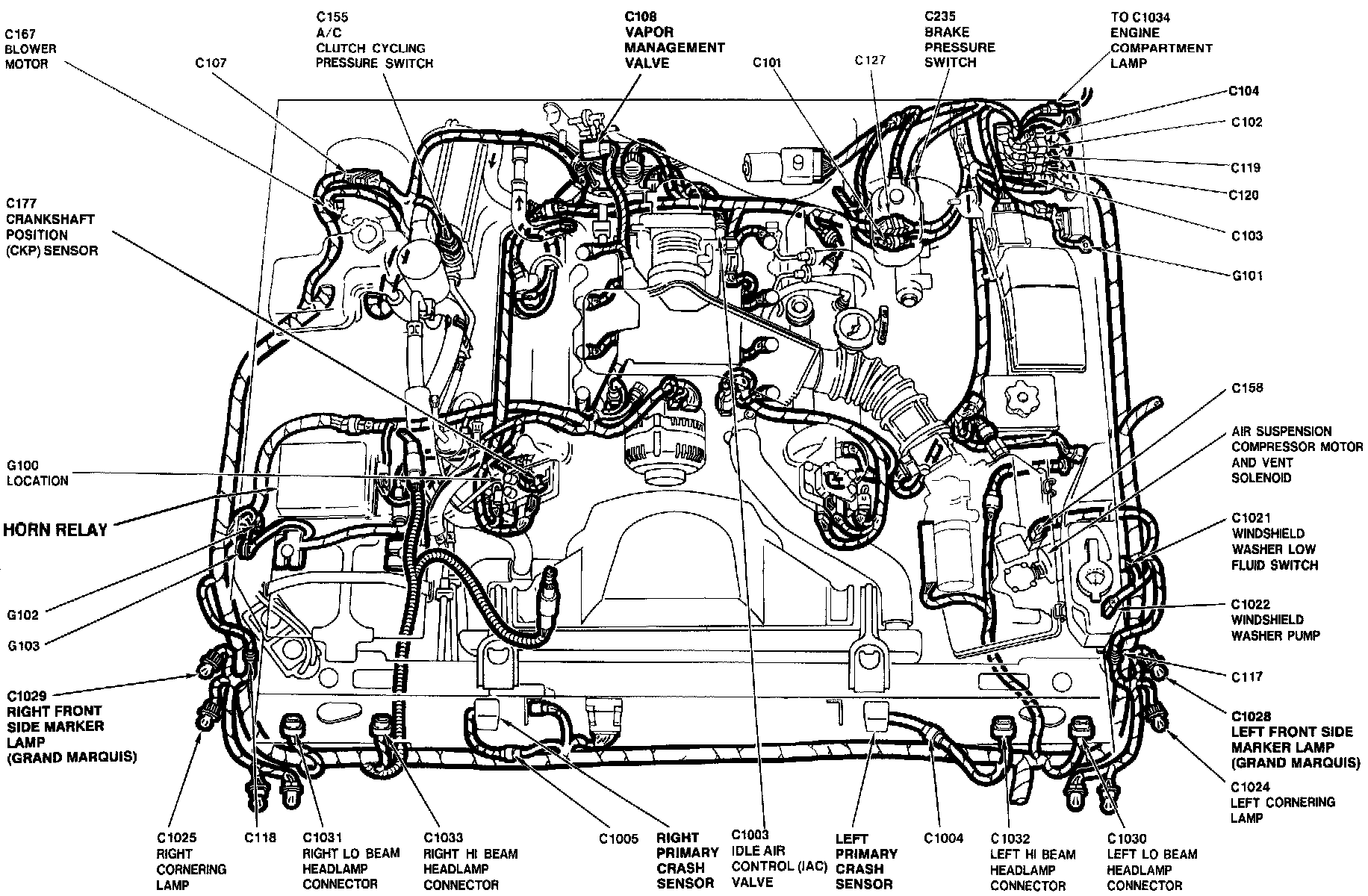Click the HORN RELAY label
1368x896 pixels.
coord(55,530)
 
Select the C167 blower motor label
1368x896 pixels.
coord(31,49)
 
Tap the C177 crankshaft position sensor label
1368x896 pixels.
coord(52,227)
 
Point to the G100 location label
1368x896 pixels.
coord(37,473)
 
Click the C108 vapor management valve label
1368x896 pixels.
coord(674,40)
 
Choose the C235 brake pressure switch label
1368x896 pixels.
coord(960,40)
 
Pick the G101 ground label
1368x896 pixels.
coord(1247,276)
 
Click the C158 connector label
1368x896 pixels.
coord(1247,388)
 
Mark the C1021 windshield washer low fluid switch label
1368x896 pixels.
coord(1274,541)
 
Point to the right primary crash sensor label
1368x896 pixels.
coord(687,860)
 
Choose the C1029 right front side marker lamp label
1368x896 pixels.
coord(72,727)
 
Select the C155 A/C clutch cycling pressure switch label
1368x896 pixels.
coord(373,40)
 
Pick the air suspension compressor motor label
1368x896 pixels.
coord(1281,454)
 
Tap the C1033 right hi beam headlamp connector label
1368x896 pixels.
coord(470,861)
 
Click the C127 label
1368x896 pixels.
coord(870,60)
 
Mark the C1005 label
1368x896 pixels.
coord(618,839)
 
